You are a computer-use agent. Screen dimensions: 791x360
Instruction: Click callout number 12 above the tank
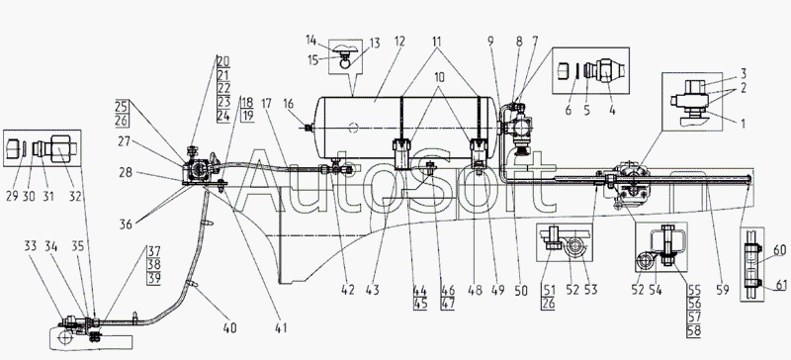[x=399, y=42]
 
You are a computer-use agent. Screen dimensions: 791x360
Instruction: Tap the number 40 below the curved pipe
[x=229, y=328]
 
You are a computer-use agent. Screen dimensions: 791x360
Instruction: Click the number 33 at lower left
[x=31, y=247]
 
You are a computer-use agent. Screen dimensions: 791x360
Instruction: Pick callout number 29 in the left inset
[x=12, y=197]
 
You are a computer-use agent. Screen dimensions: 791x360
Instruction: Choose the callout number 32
[x=75, y=197]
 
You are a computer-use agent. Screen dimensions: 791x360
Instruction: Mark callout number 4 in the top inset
[x=612, y=110]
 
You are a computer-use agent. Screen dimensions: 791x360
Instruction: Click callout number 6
[x=568, y=110]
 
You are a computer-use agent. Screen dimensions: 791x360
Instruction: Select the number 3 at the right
[x=744, y=74]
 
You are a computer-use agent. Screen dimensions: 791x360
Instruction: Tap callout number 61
[x=780, y=286]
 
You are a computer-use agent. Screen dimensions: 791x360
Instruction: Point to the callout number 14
[x=310, y=39]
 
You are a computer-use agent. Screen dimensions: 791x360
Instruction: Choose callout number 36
[x=126, y=224]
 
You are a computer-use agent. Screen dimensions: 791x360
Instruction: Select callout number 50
[x=521, y=291]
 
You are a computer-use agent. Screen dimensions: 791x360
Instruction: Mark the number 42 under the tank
[x=348, y=291]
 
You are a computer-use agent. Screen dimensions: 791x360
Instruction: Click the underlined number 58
[x=693, y=331]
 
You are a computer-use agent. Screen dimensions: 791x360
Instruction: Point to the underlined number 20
[x=223, y=62]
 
